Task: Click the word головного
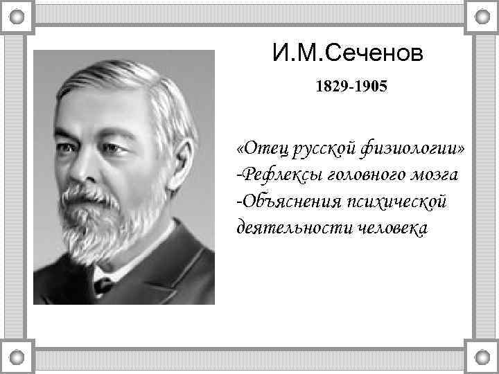tap(366, 176)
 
